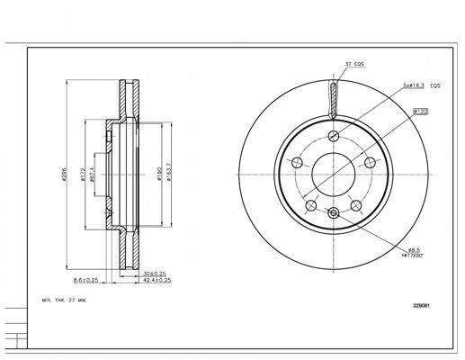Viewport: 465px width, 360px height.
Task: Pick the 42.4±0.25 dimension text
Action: [x=156, y=280]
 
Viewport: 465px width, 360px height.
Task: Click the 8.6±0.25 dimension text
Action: [x=89, y=280]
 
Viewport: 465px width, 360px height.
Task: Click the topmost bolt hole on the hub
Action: [x=333, y=136]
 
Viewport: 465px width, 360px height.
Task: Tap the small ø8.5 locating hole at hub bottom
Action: [x=334, y=212]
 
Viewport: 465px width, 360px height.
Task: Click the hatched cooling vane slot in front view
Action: [x=334, y=99]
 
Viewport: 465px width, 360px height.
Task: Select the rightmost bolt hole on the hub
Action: [x=370, y=163]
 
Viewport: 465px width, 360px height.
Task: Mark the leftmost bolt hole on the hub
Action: [x=296, y=163]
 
